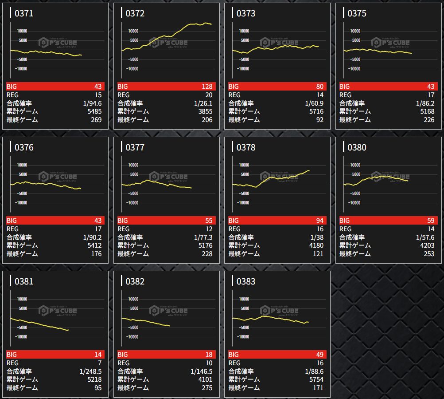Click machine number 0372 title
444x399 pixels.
coord(135,13)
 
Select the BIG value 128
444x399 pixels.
coord(206,87)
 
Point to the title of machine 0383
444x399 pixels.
coord(246,281)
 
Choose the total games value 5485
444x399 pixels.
coord(94,111)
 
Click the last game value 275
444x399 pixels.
coord(206,388)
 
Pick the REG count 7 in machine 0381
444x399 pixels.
coord(99,363)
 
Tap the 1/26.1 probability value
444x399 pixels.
coord(203,103)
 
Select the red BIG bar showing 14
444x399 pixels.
coord(55,355)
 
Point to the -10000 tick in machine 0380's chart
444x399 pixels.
coord(354,203)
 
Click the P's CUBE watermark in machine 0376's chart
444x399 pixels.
coord(58,177)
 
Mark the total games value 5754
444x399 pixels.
coord(316,379)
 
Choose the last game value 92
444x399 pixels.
coord(319,120)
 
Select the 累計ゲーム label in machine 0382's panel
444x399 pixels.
coord(133,379)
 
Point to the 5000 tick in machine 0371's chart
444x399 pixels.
coord(23,40)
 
